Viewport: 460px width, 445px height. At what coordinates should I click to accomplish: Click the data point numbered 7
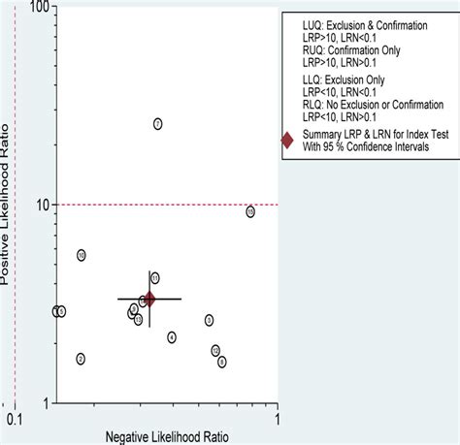[x=157, y=124]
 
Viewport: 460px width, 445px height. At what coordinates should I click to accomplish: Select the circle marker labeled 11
[x=154, y=278]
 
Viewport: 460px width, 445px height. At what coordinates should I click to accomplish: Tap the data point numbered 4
[x=172, y=337]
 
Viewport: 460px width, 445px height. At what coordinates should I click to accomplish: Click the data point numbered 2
[x=81, y=359]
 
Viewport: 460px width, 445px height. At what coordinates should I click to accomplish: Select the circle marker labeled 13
[x=139, y=320]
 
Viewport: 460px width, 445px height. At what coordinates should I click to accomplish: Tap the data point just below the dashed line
[x=250, y=211]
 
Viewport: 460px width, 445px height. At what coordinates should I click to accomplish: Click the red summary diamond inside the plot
[x=148, y=300]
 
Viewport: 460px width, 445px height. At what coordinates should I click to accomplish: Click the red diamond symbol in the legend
[x=287, y=141]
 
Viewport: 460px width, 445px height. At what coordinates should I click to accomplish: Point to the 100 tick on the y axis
[x=37, y=9]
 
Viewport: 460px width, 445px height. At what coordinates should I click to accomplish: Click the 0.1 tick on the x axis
[x=14, y=419]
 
